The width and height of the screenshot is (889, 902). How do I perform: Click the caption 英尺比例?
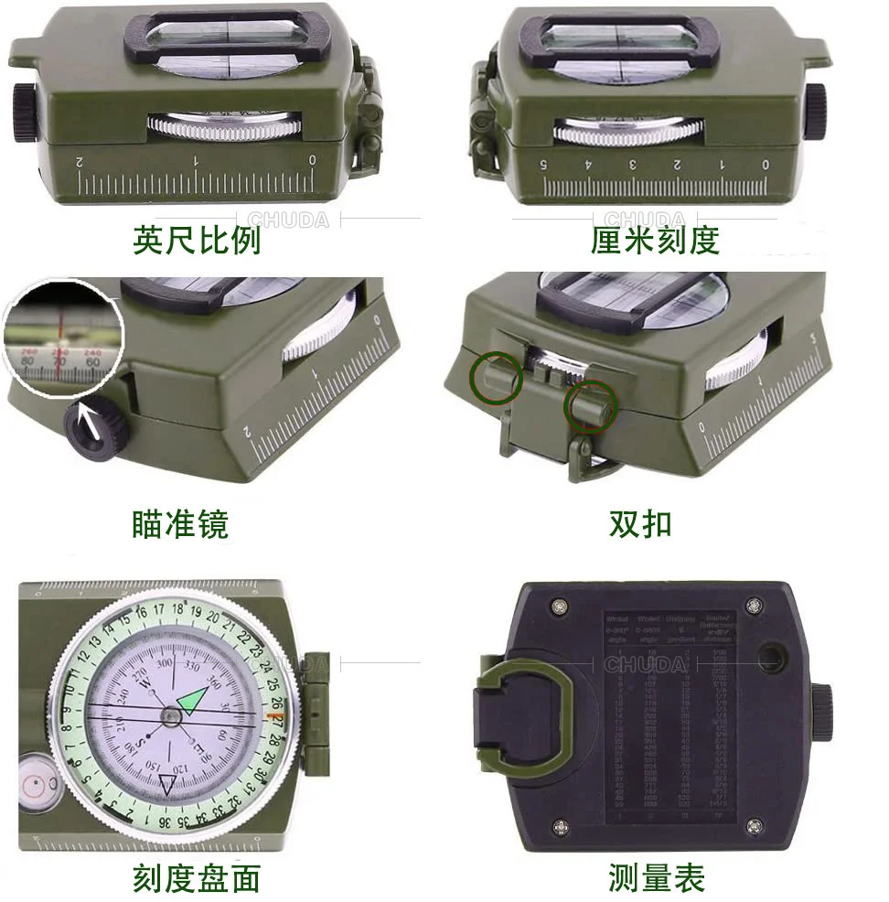197,240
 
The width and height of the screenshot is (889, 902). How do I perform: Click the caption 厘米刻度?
655,240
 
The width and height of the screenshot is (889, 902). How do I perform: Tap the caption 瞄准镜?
179,523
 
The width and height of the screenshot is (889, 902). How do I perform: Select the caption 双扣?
640,523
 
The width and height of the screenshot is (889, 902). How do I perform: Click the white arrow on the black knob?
91,425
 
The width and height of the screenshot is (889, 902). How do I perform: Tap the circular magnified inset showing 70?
62,339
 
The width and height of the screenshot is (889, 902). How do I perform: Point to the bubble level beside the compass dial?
37,782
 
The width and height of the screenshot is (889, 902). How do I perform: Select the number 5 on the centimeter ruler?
544,165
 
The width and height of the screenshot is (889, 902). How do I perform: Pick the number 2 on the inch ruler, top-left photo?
80,161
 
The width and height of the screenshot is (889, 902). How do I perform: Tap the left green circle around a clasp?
497,378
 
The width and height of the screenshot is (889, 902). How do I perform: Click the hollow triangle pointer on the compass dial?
168,784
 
